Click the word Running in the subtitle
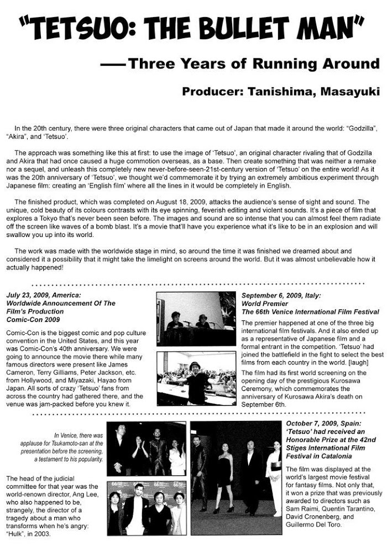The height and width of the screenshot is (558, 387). click(286, 64)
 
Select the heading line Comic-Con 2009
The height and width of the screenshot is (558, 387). click(33, 319)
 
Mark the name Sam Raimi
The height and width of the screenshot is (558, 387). click(302, 508)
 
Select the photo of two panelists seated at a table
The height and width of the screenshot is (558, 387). click(196, 319)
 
